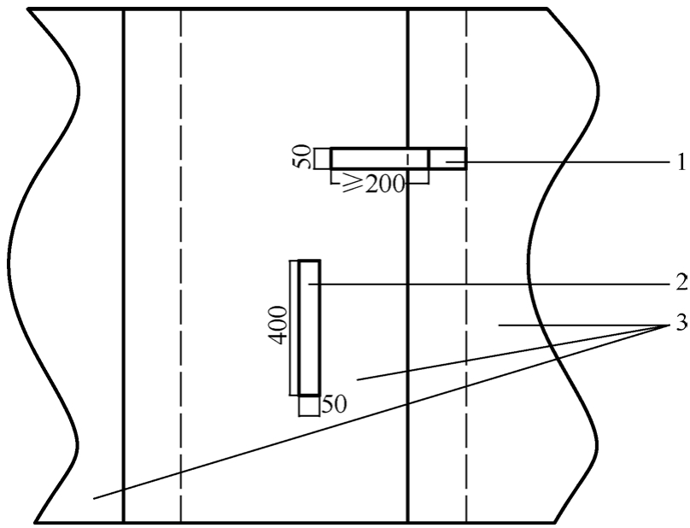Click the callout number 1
click(681, 162)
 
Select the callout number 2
click(681, 282)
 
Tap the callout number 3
click(681, 324)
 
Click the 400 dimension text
click(278, 325)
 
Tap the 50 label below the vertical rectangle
click(335, 404)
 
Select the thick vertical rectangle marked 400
click(309, 328)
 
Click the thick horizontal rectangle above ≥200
click(380, 159)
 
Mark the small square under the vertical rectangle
click(309, 406)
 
